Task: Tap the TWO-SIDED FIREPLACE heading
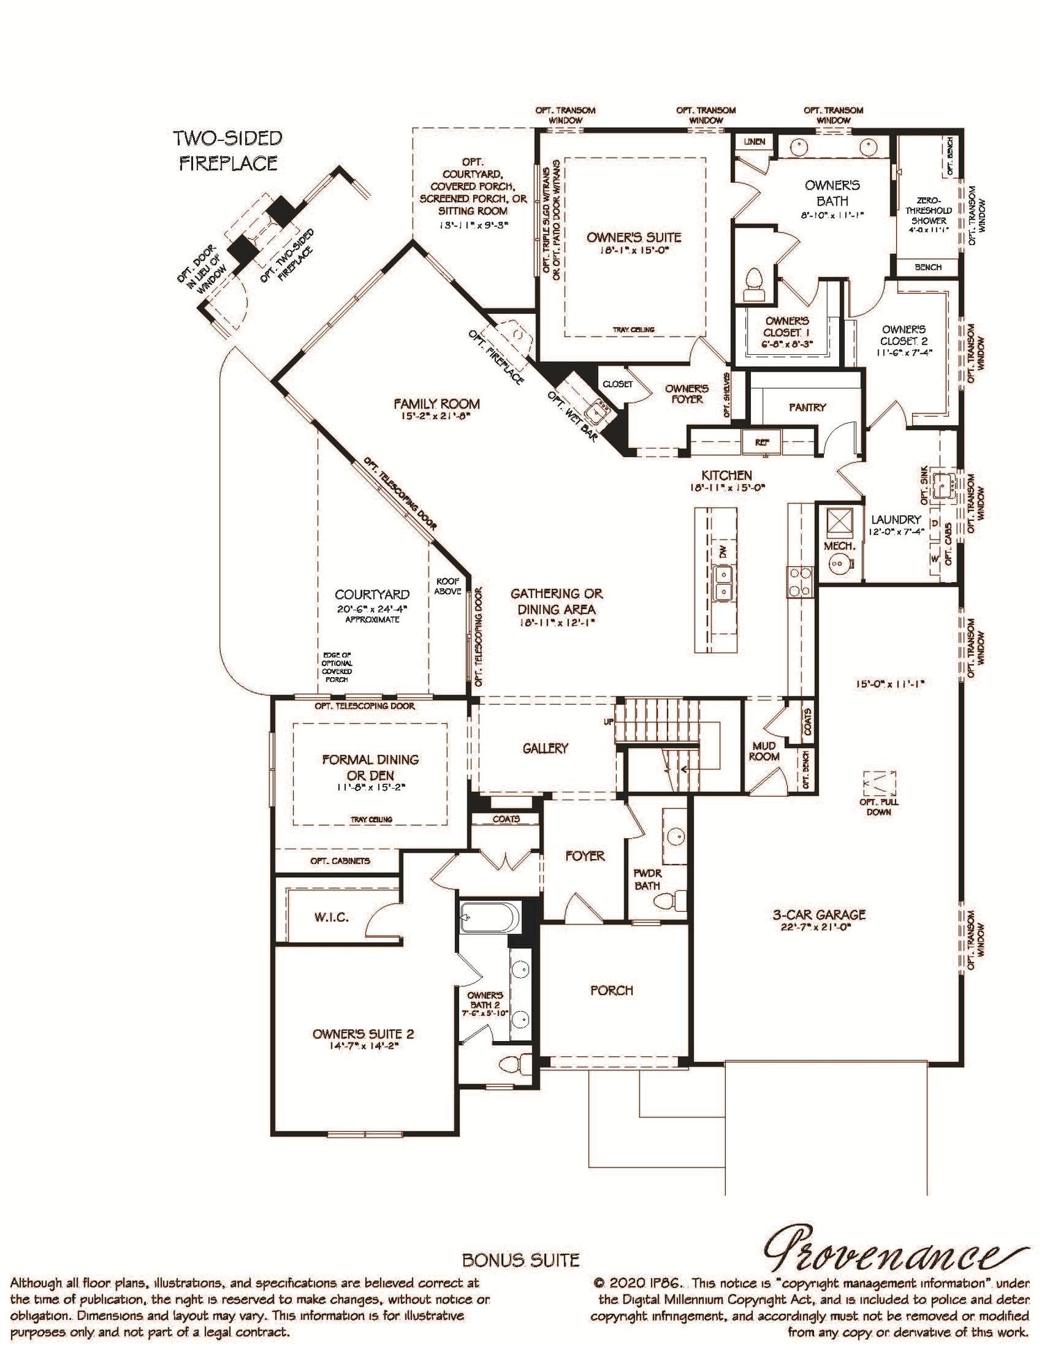coord(228,150)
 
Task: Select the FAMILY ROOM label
coord(436,403)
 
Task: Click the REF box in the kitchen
coord(762,441)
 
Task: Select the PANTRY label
coord(807,407)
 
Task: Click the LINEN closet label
coord(754,142)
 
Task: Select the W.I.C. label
coord(331,917)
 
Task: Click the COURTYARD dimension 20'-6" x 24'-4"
coord(372,608)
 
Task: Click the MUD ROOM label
coord(764,751)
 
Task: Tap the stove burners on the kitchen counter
coord(800,581)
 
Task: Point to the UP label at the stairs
coord(609,722)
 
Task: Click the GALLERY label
coord(545,748)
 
